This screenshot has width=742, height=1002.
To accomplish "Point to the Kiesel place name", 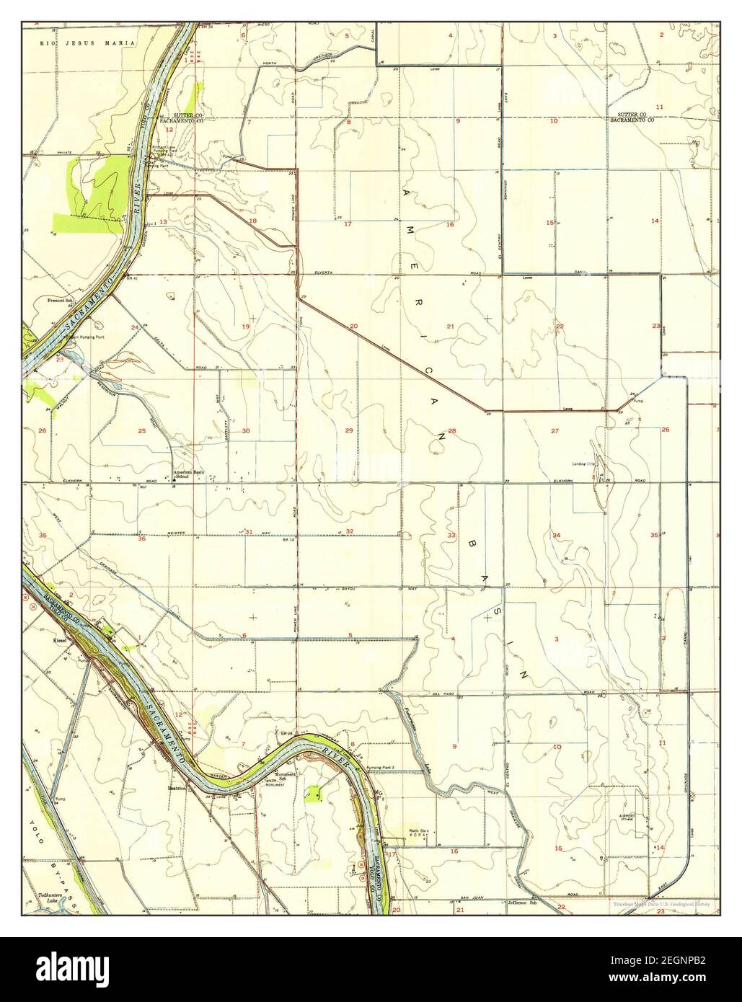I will coord(59,639).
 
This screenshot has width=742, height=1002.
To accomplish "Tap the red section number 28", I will coord(452,431).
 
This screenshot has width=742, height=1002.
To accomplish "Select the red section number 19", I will coord(245,327).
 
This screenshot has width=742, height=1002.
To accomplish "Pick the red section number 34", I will coord(556,535).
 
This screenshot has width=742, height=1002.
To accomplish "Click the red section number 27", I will coord(555,431).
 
